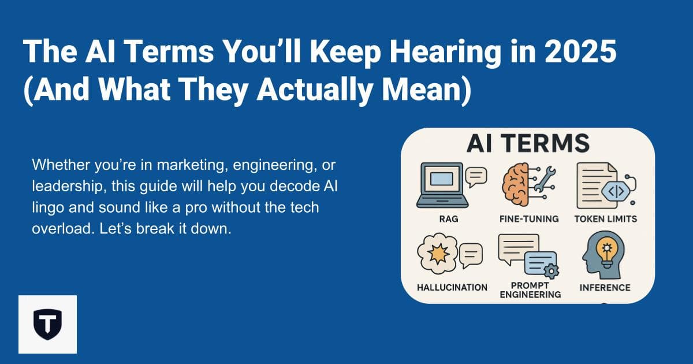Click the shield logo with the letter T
point(47,324)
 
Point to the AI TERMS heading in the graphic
point(527,143)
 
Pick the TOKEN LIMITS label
point(606,220)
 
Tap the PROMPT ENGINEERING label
point(530,290)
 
